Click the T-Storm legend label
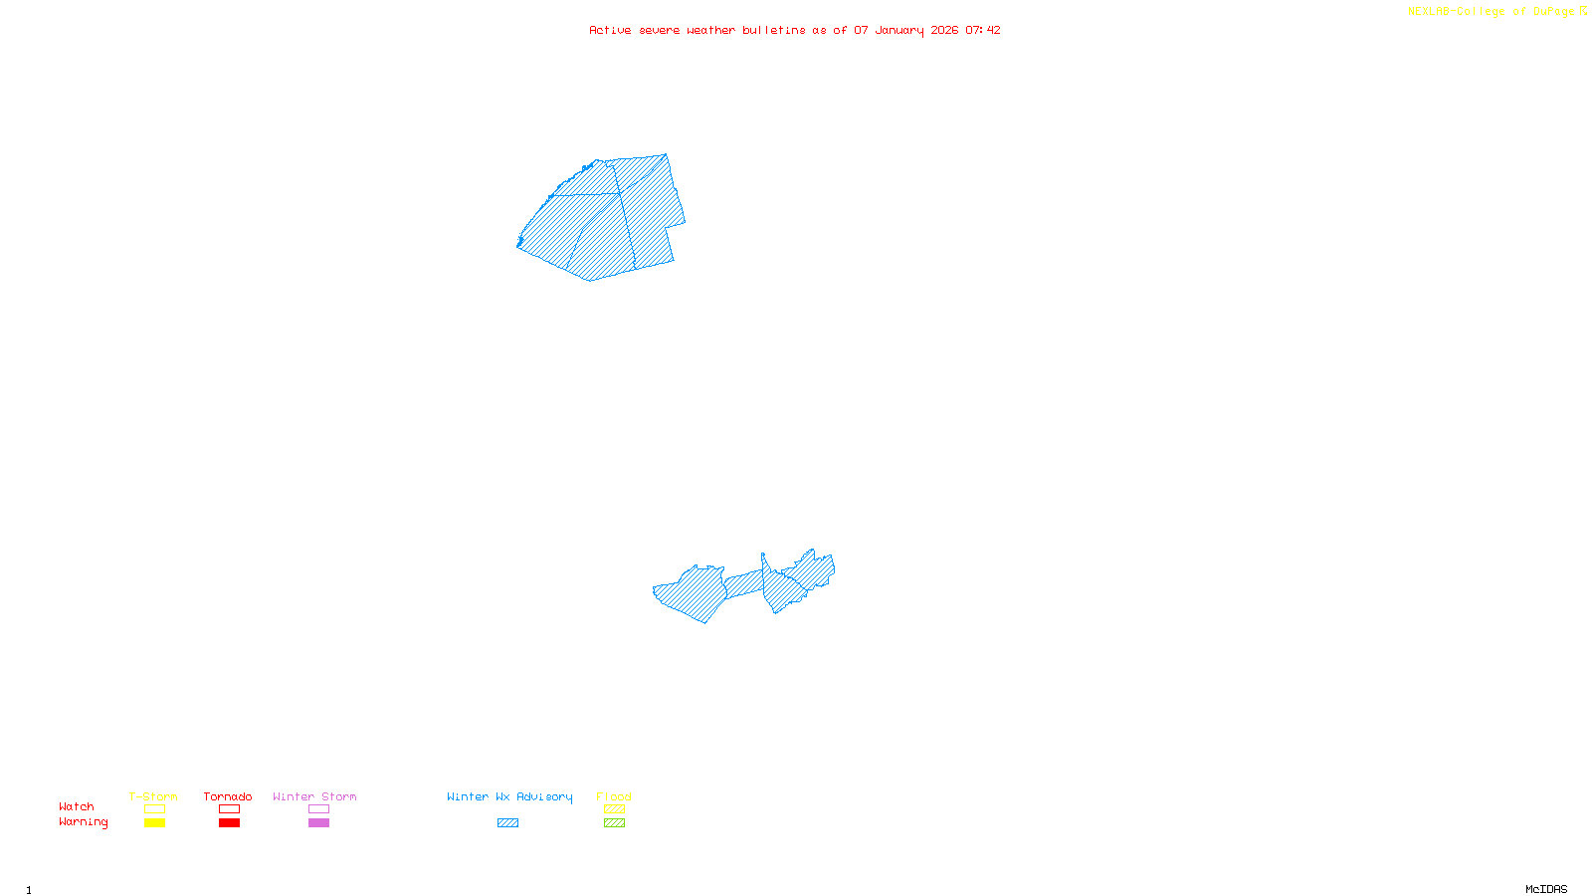coord(153,796)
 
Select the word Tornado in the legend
coord(228,796)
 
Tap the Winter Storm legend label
coord(314,796)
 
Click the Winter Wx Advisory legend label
coord(509,796)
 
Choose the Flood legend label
coord(614,796)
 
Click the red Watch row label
coord(77,806)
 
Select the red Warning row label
coord(84,822)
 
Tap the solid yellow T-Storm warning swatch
coord(154,823)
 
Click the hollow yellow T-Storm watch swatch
coord(154,809)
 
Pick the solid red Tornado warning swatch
coord(230,823)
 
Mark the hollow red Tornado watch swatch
coord(230,809)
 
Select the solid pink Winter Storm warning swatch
coord(318,823)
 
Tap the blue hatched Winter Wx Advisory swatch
coord(507,823)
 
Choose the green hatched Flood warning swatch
coord(615,823)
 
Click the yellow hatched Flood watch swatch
coord(615,809)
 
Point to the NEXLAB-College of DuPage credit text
coord(1492,12)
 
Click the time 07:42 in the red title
coord(983,30)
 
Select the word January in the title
coord(899,30)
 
